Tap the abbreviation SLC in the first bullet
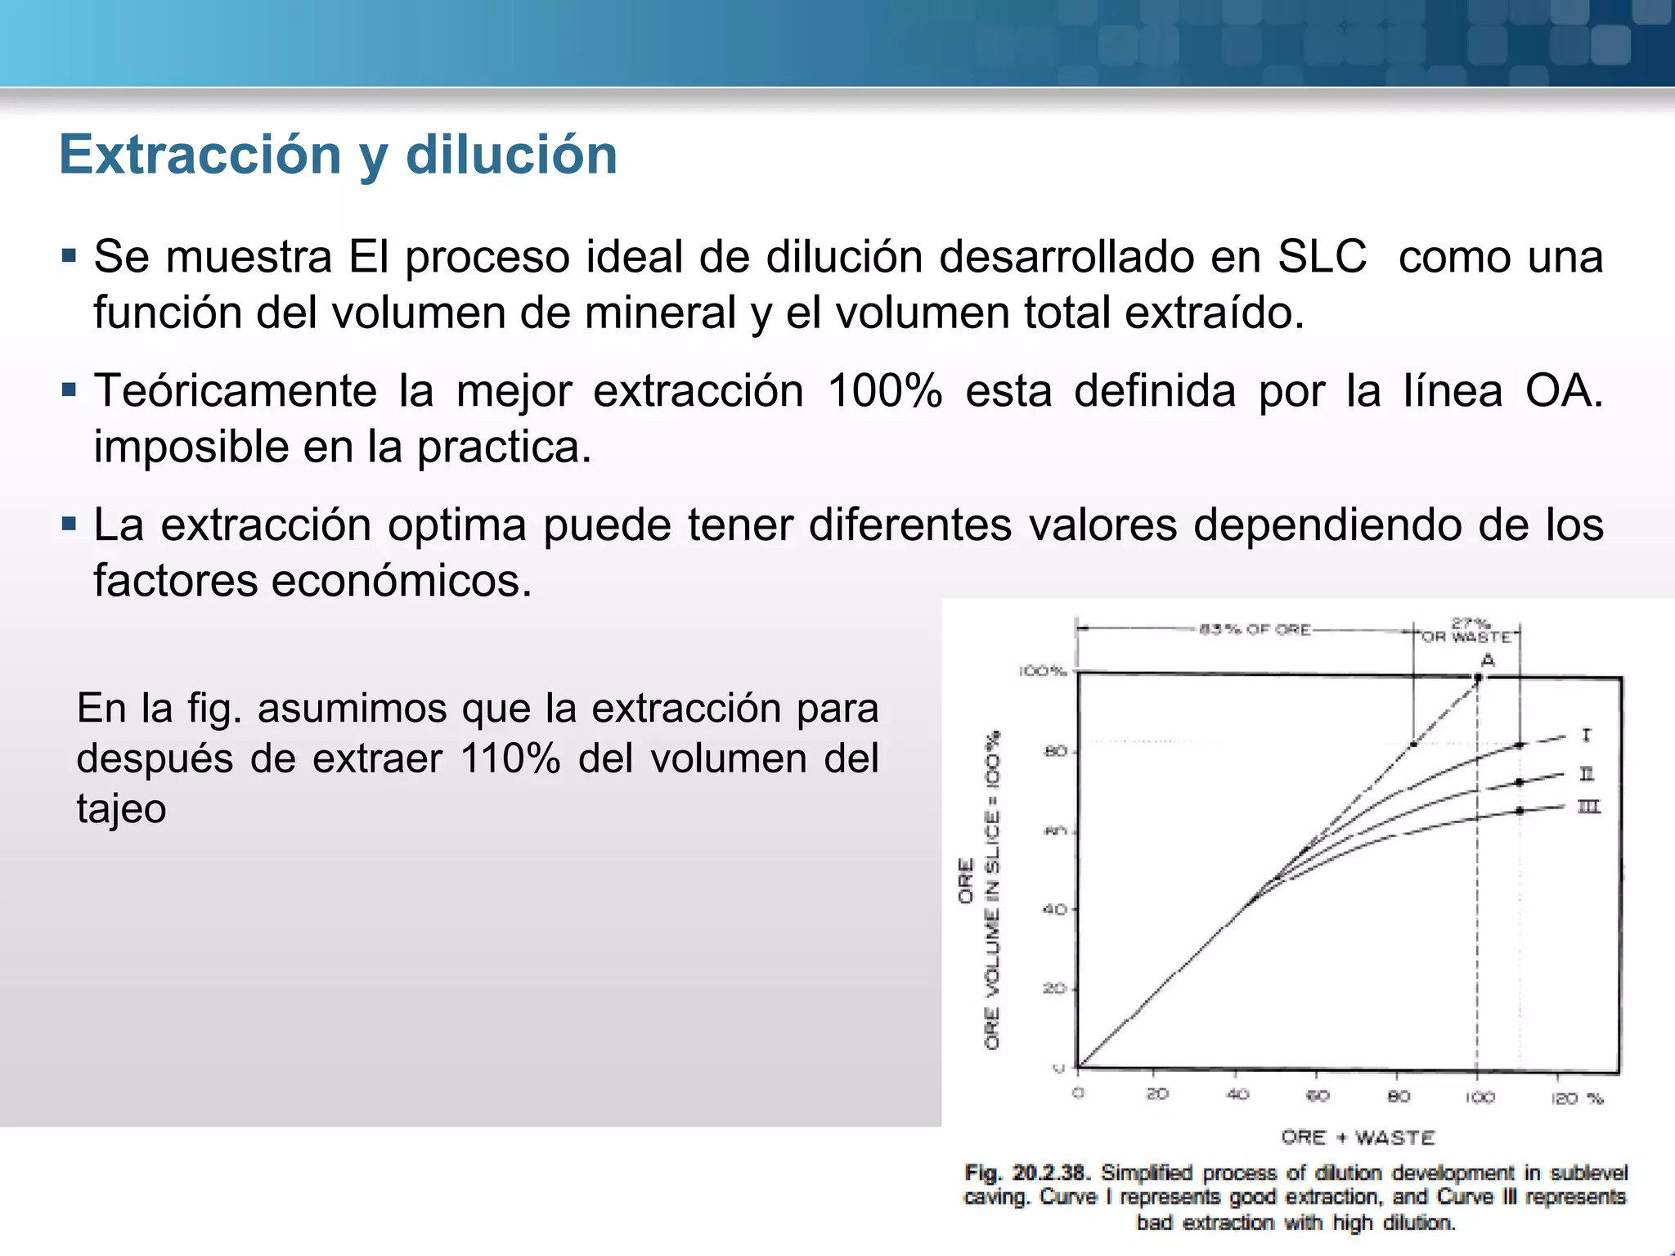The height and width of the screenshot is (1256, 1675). point(1322,257)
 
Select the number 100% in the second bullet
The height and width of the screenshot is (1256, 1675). point(885,390)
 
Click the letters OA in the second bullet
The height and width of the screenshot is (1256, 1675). point(1562,390)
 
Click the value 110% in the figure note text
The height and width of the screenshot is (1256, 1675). point(510,758)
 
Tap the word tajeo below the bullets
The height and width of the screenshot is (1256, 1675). point(121,808)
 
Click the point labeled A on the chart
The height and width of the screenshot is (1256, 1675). point(1478,677)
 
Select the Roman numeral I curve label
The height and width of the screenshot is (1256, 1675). point(1586,736)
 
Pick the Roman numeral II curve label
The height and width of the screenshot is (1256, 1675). point(1587,773)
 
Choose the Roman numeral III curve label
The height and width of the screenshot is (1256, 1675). point(1588,807)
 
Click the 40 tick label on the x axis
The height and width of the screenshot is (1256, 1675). point(1237,1094)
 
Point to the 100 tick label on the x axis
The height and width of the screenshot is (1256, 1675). point(1479,1096)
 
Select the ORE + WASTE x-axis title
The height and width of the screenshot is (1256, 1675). point(1358,1137)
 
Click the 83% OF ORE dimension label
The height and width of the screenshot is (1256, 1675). point(1255,629)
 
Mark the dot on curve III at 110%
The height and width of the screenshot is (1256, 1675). point(1520,811)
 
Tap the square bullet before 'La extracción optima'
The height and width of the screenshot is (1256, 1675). point(69,523)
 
